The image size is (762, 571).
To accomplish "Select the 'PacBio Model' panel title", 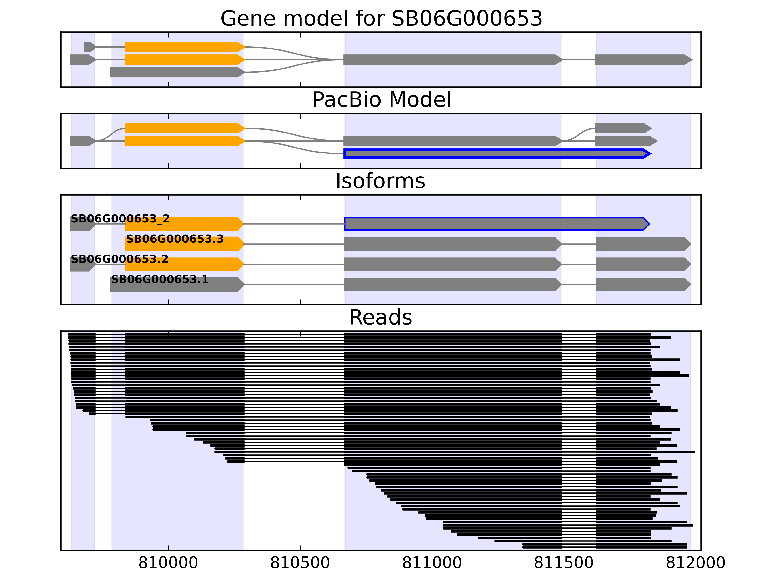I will [381, 100].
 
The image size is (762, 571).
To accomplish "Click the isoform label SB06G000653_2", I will [120, 219].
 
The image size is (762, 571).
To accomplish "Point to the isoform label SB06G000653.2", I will [120, 259].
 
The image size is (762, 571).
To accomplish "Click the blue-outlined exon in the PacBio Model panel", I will [496, 153].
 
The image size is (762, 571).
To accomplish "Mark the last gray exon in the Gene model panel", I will [642, 59].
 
